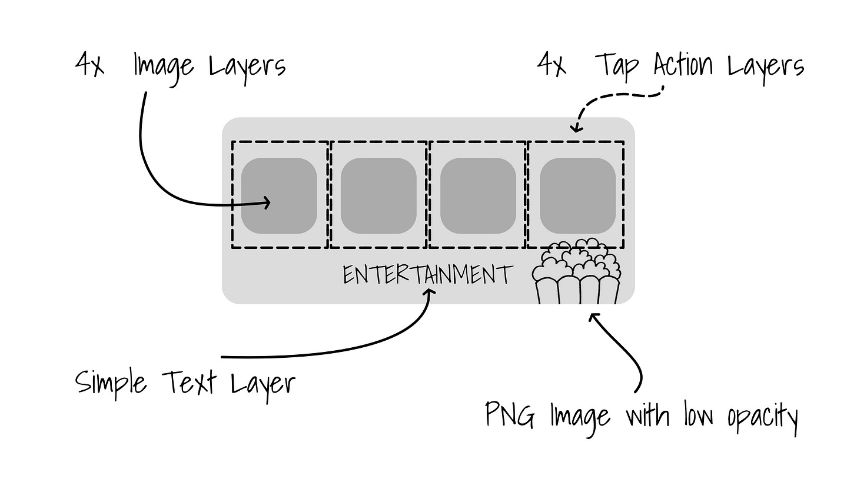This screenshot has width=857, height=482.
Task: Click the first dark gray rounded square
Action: [x=279, y=195]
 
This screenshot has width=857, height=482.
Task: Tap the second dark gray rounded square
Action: [x=378, y=195]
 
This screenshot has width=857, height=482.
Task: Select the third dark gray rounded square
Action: [x=478, y=195]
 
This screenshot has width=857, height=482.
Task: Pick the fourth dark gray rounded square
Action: [x=577, y=195]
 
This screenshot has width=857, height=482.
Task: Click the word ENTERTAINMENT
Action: [x=428, y=275]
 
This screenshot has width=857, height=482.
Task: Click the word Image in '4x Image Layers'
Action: [x=164, y=67]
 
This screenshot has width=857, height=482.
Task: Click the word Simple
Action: [x=111, y=384]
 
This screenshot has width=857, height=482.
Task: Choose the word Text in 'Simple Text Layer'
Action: [x=188, y=383]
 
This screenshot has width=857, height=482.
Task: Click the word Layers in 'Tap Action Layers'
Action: [x=766, y=67]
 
